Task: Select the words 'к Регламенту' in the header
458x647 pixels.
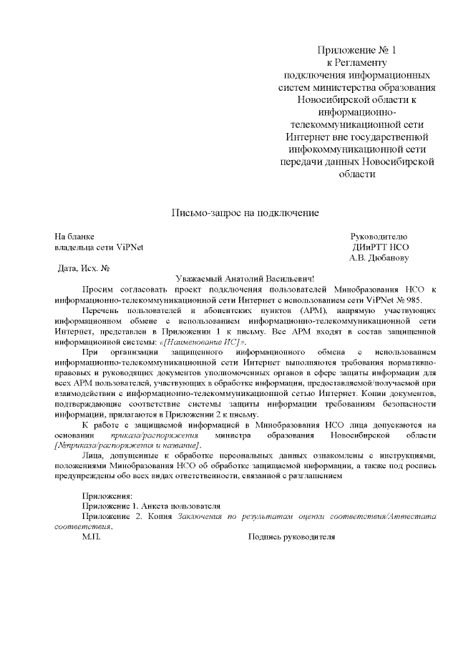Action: (x=356, y=62)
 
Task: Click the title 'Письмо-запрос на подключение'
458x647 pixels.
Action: (x=244, y=213)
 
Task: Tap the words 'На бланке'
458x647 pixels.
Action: (x=75, y=236)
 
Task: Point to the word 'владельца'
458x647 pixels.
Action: (x=74, y=247)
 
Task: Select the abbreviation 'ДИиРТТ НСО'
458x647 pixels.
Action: (x=379, y=247)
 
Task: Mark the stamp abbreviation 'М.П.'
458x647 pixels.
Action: (x=92, y=536)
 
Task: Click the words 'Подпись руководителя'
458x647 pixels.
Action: (x=291, y=536)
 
